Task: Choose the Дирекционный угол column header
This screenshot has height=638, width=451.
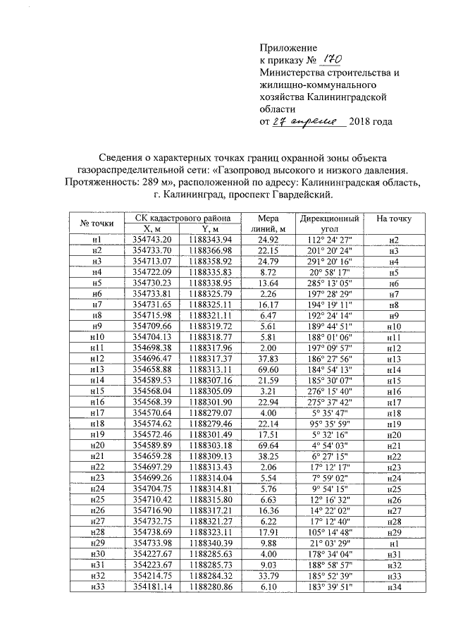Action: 330,223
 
